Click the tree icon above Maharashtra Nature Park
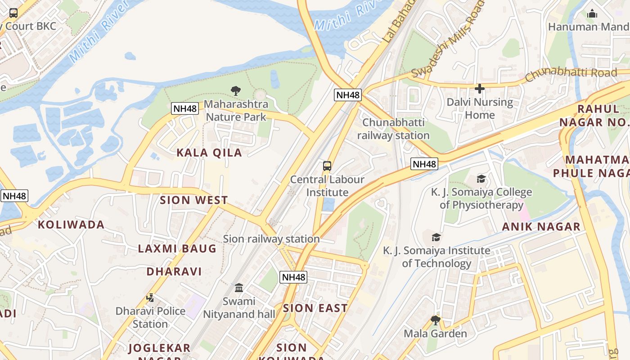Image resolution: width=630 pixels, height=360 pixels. pos(235,91)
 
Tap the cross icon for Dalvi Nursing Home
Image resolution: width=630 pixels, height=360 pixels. pos(480,89)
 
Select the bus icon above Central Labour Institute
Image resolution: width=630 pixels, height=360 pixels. pos(327,166)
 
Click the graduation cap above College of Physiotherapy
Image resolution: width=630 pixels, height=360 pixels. pos(481,179)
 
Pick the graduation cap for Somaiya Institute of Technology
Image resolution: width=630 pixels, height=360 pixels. pos(436,237)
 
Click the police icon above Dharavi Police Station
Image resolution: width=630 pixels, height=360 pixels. pos(150,297)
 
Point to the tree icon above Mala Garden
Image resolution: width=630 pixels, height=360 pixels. pos(435,320)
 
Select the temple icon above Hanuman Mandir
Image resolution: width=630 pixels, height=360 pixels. pos(592,13)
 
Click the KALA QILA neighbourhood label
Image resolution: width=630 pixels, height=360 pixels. pos(209,153)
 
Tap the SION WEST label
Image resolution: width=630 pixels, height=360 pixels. pos(194,200)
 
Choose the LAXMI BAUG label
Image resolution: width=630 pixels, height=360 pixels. pos(177,248)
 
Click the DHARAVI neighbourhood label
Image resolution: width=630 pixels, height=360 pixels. pos(174,271)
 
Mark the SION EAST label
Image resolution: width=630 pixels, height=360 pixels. pos(315,308)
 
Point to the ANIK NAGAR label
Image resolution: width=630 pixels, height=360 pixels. pos(541,227)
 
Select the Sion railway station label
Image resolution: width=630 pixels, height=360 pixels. pos(271,239)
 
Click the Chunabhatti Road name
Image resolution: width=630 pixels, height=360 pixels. pos(571,74)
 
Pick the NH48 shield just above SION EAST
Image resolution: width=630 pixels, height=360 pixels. pos(293,277)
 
